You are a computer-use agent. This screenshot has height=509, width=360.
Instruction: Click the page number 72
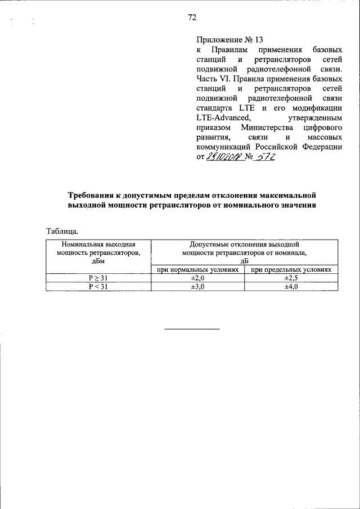[191, 18]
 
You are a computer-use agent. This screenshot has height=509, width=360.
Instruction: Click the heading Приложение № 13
[222, 39]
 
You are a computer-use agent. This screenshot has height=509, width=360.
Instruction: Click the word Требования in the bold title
[93, 195]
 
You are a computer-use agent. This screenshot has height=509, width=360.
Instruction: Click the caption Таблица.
[61, 231]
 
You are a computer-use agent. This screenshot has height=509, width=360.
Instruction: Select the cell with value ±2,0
[198, 278]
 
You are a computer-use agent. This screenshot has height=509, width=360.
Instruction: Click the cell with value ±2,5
[291, 278]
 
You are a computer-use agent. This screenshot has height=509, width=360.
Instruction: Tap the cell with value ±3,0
[198, 286]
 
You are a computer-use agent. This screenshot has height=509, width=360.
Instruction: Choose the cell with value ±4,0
[291, 286]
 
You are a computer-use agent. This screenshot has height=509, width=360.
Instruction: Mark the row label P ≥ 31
[98, 278]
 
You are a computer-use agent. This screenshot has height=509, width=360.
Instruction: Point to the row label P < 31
[98, 286]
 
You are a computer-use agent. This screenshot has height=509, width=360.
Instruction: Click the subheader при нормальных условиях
[198, 270]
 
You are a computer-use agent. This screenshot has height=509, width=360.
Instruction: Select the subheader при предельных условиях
[291, 270]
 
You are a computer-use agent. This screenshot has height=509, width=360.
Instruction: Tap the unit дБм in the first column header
[98, 261]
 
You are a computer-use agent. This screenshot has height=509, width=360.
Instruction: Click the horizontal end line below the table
[191, 328]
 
